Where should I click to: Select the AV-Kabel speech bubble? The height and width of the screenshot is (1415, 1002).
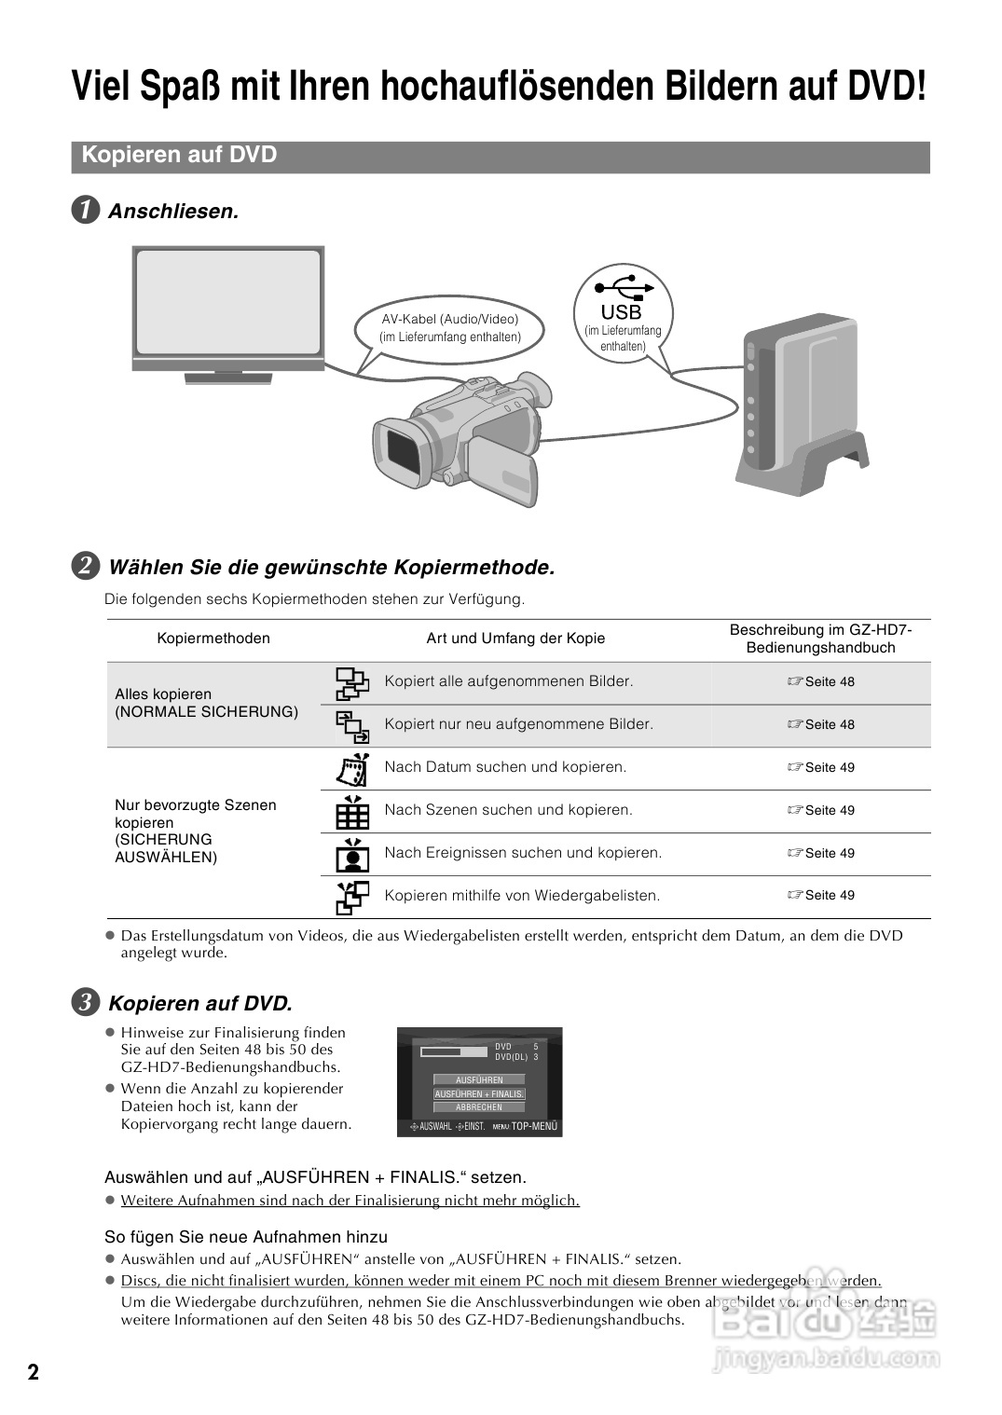click(450, 327)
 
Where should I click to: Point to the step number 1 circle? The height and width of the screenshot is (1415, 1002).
click(86, 211)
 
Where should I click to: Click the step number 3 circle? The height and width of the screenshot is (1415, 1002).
click(86, 1003)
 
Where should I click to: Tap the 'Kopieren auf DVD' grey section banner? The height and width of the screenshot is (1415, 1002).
click(501, 156)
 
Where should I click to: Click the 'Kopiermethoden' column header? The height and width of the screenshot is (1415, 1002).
click(213, 639)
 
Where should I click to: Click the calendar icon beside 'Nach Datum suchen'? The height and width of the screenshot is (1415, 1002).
click(352, 768)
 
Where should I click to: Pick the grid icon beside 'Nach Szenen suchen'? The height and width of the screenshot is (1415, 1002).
click(352, 811)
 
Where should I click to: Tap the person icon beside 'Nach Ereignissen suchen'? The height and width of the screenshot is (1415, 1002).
click(352, 853)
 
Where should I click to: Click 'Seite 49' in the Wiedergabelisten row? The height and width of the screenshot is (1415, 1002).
click(821, 896)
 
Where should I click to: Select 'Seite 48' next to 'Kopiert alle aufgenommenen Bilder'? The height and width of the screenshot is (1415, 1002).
click(821, 682)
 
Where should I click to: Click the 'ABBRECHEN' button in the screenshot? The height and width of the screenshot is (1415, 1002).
click(479, 1107)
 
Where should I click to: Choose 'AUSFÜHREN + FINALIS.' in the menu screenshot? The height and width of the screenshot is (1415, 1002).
click(479, 1094)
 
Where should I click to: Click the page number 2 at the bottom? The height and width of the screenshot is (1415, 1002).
click(34, 1372)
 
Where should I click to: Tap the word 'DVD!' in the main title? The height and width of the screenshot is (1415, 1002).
click(885, 88)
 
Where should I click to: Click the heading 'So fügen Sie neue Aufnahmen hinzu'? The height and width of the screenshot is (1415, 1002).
click(246, 1237)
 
